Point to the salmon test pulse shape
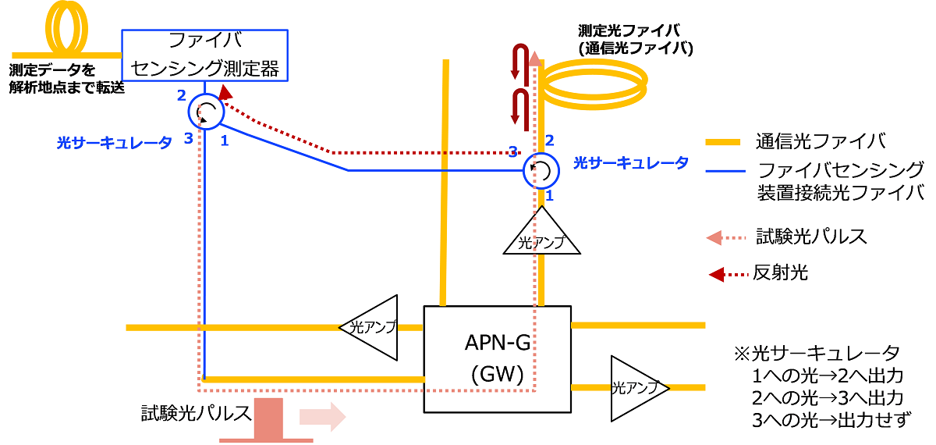[268, 418]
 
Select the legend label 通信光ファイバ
[821, 141]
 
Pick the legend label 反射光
[780, 272]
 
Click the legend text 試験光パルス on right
[811, 237]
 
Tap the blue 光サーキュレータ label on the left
[114, 143]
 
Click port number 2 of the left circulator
[181, 96]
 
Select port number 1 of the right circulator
[549, 195]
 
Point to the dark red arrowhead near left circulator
[225, 92]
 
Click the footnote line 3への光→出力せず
[831, 420]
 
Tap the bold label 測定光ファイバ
[629, 30]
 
